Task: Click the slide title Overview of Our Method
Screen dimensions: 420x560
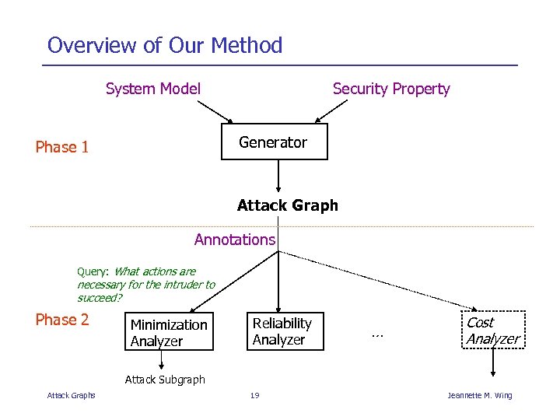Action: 164,45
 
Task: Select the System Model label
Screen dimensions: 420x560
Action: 153,89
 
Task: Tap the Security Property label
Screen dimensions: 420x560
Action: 391,89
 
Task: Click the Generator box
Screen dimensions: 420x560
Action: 274,142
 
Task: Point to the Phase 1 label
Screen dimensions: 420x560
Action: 62,147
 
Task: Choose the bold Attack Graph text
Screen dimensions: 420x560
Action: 287,205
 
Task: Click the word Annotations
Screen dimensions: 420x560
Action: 234,240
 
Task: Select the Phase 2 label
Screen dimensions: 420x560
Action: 62,320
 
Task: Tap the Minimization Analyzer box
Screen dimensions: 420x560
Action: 170,333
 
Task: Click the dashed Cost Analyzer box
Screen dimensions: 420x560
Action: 492,331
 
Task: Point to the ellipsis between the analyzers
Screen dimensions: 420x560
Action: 377,334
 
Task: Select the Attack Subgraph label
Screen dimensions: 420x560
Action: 165,380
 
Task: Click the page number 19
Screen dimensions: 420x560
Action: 254,396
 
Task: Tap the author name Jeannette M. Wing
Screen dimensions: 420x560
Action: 480,396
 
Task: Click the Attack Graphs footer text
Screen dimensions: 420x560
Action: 72,396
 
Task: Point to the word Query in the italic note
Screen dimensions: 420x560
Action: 93,271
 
